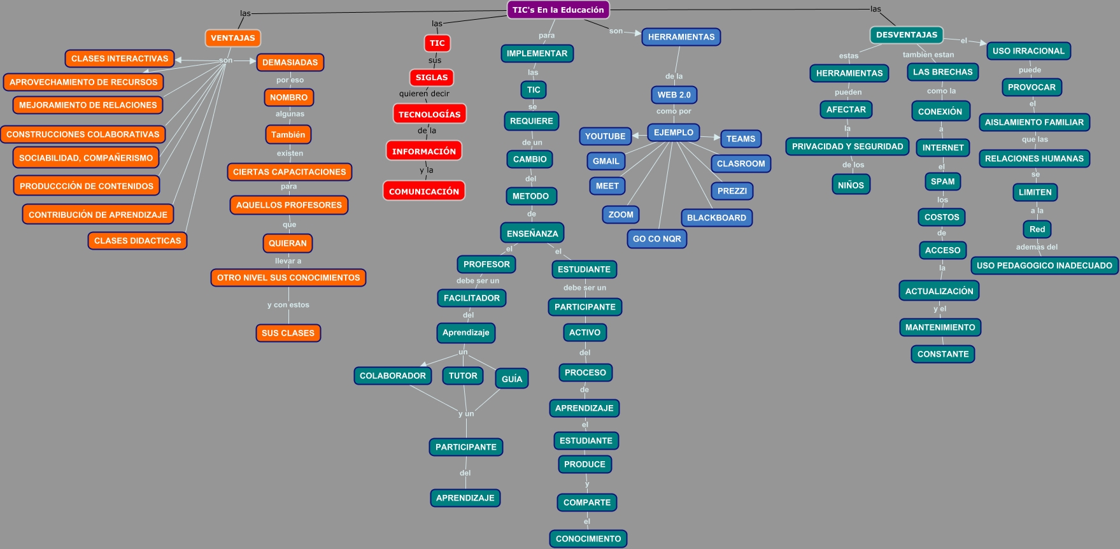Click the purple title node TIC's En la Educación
[x=558, y=10]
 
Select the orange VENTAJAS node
[x=232, y=38]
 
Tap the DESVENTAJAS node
[x=906, y=35]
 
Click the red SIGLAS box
[x=431, y=78]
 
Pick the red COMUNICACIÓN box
[x=423, y=191]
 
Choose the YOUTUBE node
[x=605, y=136]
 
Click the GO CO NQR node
[x=656, y=239]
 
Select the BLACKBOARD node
[x=716, y=218]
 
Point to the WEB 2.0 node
[x=674, y=95]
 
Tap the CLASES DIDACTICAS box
[x=138, y=241]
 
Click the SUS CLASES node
[x=288, y=333]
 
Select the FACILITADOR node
[x=471, y=298]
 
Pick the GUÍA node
[x=511, y=379]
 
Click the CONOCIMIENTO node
[x=588, y=539]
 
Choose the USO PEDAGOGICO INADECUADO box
[x=1044, y=266]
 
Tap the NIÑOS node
[x=851, y=185]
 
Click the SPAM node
[x=942, y=182]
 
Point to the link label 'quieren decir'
[x=424, y=94]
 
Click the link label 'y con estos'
[x=288, y=305]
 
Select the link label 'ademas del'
[x=1037, y=247]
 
